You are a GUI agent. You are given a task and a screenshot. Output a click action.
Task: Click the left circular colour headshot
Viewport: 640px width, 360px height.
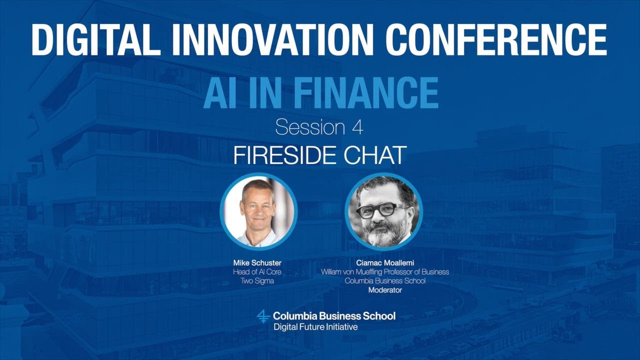coord(258,211)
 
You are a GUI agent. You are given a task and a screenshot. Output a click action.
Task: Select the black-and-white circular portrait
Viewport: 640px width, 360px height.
coord(383,211)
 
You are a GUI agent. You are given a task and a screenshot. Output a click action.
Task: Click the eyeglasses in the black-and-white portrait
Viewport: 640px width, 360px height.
coord(382,209)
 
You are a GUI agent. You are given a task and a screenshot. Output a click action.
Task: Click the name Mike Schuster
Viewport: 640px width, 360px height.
coord(257,263)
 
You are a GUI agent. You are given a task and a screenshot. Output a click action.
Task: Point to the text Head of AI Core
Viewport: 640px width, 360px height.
coord(257,272)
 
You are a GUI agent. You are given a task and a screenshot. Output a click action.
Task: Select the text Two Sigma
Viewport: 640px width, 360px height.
coord(257,281)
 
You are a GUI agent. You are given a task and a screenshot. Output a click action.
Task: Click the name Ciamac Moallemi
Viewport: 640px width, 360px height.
coord(384,263)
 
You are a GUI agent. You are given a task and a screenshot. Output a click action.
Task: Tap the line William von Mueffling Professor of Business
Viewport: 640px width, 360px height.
coord(384,272)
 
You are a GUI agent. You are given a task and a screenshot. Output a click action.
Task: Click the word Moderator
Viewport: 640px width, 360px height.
coord(384,290)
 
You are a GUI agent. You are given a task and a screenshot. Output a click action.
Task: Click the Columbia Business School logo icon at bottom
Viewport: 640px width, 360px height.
coord(263,316)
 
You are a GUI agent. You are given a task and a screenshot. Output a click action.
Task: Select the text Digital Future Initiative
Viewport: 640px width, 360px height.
coord(315,327)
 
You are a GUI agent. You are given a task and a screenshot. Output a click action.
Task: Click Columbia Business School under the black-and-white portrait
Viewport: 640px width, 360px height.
coord(384,281)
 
